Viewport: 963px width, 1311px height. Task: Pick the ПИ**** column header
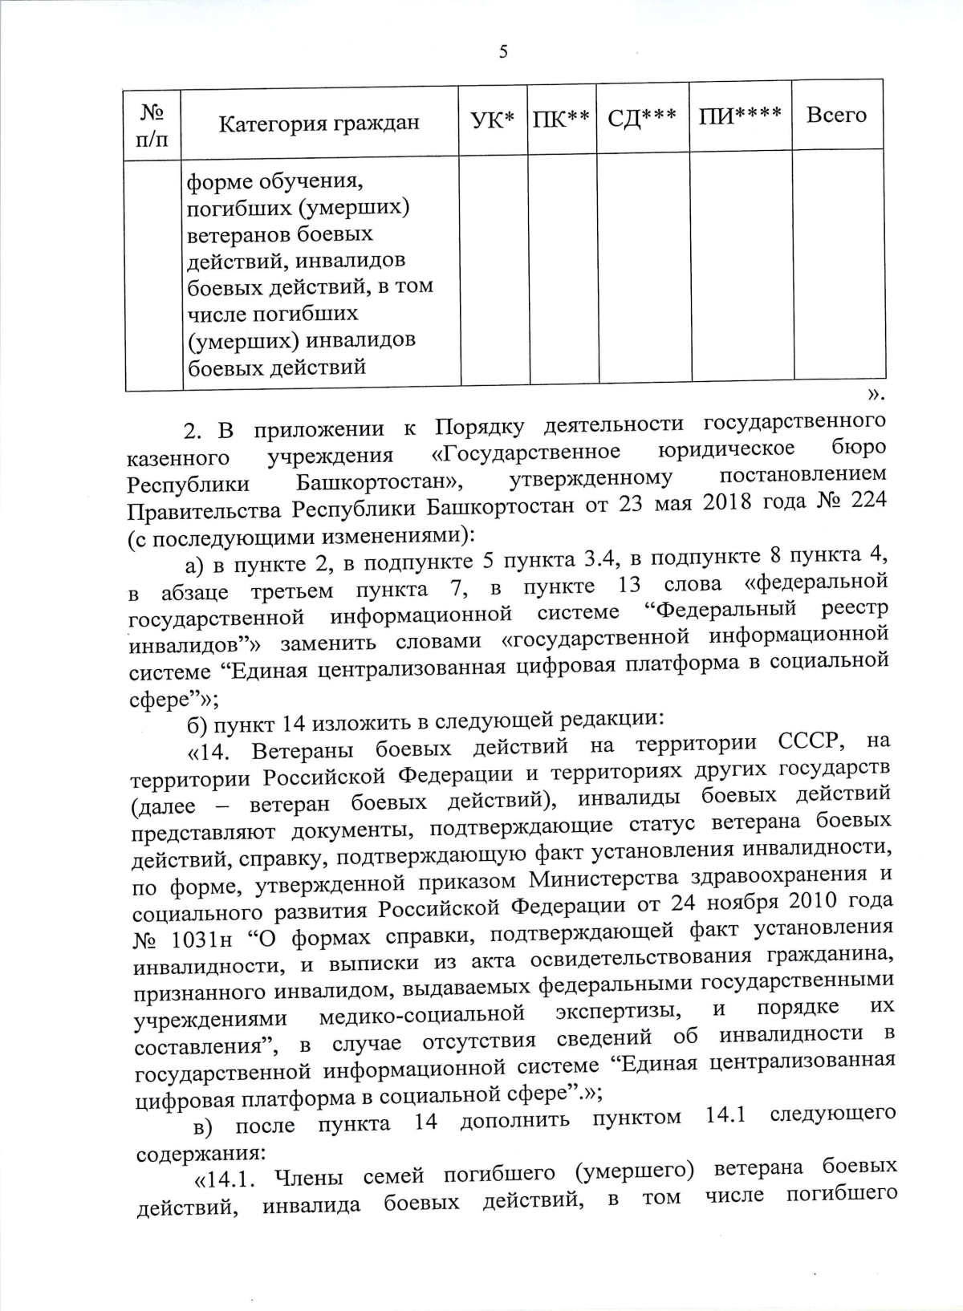point(740,116)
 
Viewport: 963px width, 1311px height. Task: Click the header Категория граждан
point(319,124)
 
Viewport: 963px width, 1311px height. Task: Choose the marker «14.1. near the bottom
point(226,1179)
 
